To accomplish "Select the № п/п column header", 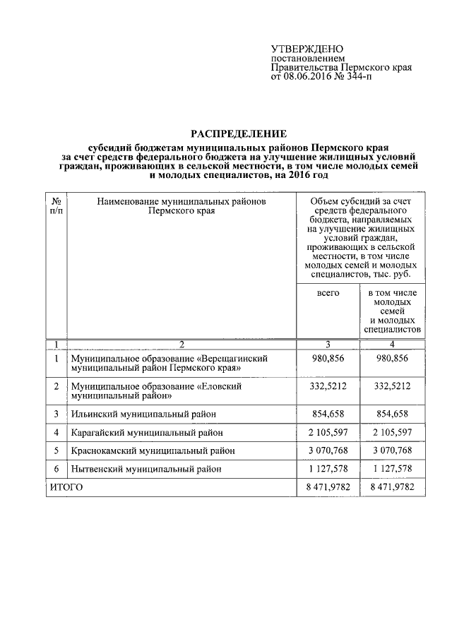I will coord(56,205).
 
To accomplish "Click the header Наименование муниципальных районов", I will coord(182,201).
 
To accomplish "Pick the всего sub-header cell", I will coord(328,292).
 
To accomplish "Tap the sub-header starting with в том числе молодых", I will coord(393,310).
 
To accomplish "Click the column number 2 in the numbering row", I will coord(182,344).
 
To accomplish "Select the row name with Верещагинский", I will coord(169,363).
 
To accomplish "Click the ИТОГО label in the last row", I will coord(66,486).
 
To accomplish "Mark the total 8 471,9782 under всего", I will coord(328,486).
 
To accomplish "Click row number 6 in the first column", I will coord(56,468).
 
